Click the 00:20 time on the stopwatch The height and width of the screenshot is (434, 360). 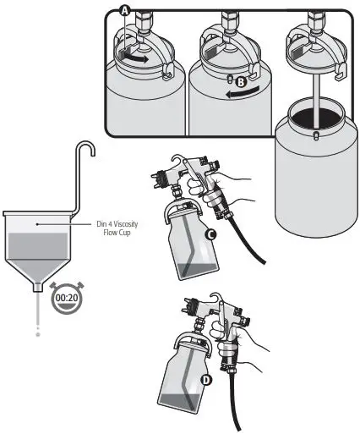pyautogui.click(x=67, y=299)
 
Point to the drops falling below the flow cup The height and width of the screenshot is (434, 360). pyautogui.click(x=38, y=321)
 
